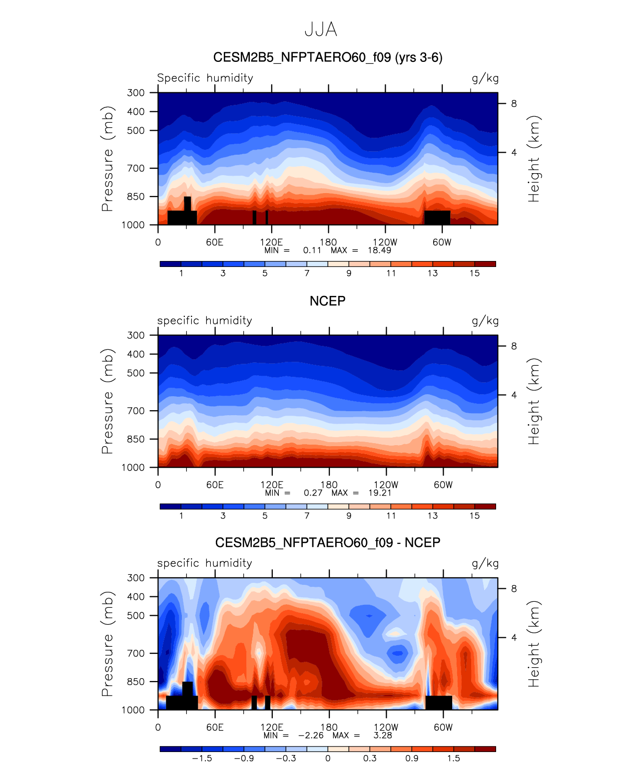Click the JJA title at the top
pyautogui.click(x=321, y=29)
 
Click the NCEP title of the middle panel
pyautogui.click(x=327, y=301)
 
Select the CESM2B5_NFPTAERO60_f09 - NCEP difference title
pyautogui.click(x=328, y=542)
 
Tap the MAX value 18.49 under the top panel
pyautogui.click(x=379, y=251)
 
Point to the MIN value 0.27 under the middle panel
pyautogui.click(x=313, y=493)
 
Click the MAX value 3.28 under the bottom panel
pyautogui.click(x=383, y=735)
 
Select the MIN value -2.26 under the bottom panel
pyautogui.click(x=311, y=735)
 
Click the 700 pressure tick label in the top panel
pyautogui.click(x=136, y=168)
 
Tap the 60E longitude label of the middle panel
pyautogui.click(x=215, y=485)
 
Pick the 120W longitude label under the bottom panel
pyautogui.click(x=386, y=727)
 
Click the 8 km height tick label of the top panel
pyautogui.click(x=514, y=104)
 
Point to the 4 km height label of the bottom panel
pyautogui.click(x=514, y=637)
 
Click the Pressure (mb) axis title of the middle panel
pyautogui.click(x=107, y=401)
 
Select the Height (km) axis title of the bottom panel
pyautogui.click(x=534, y=644)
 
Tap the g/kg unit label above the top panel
pyautogui.click(x=485, y=78)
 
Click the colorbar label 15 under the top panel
pyautogui.click(x=475, y=273)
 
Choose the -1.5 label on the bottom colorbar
pyautogui.click(x=202, y=758)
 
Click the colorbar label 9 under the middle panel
pyautogui.click(x=349, y=515)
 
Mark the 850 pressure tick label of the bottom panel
pyautogui.click(x=136, y=682)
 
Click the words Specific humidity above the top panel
pyautogui.click(x=205, y=78)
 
